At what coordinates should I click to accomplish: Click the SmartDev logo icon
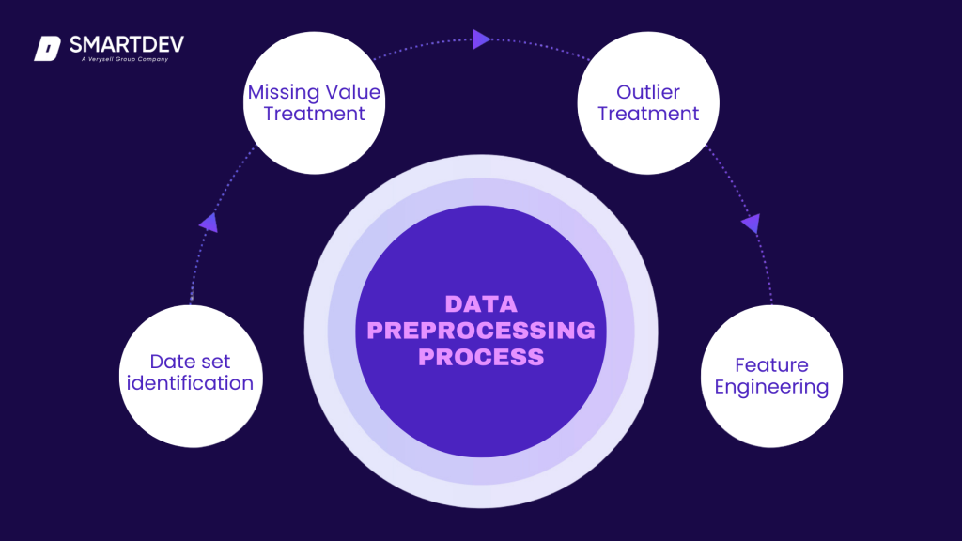(47, 48)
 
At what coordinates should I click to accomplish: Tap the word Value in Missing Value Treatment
(350, 93)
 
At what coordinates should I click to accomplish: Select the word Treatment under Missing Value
(314, 115)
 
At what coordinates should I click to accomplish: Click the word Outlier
(648, 93)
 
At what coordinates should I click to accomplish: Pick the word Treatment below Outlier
(648, 115)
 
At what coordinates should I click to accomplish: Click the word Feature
(771, 364)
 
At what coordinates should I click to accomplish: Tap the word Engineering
(771, 387)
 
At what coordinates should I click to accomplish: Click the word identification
(191, 383)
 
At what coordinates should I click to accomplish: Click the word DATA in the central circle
(481, 304)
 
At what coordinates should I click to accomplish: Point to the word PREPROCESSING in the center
(481, 331)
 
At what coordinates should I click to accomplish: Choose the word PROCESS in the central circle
(481, 357)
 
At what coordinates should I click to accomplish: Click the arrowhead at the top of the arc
(481, 39)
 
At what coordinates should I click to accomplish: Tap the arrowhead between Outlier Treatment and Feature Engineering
(751, 224)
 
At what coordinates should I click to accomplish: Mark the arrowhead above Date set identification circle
(209, 223)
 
